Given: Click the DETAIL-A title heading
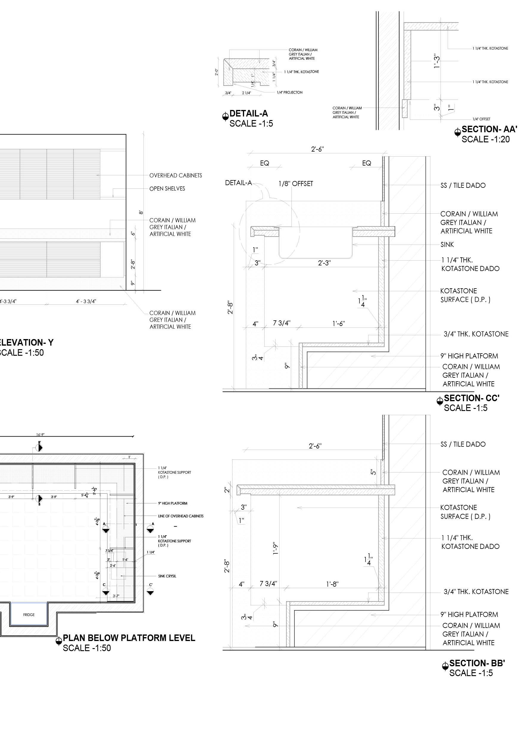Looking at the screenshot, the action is point(248,114).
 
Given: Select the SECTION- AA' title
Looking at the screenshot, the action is point(489,129).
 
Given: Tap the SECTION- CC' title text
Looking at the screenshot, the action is point(472,398).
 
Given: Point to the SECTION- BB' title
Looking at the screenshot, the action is point(477,663).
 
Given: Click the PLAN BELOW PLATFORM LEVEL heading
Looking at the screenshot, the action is point(129,638).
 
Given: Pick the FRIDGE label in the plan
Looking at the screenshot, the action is point(29,615).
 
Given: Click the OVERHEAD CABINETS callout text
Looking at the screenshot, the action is point(176,176).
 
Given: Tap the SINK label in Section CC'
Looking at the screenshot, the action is point(447,245).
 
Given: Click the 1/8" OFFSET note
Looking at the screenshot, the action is point(296,184).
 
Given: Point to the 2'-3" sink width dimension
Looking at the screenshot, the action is point(324,263).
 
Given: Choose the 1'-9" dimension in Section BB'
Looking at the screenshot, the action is point(275,548).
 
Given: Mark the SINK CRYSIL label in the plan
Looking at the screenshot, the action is point(167,576).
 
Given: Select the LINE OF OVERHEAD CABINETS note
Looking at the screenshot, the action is point(180,516).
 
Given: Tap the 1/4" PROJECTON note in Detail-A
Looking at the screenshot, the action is point(290,93).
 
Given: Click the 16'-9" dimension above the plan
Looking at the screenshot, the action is point(40,435).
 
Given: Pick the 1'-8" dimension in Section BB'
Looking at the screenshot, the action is point(332,584).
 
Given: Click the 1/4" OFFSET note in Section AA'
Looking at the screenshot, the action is point(481,119).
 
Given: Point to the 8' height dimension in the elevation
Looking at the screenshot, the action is point(141,212).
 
